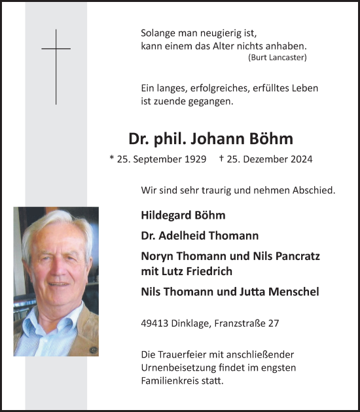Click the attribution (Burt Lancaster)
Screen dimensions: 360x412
click(x=278, y=58)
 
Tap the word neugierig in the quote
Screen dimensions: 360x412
click(x=219, y=33)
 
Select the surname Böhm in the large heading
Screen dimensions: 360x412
click(x=272, y=139)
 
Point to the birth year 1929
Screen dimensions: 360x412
click(x=194, y=159)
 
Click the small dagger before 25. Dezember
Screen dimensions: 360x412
click(x=222, y=159)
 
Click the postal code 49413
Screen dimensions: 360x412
click(x=155, y=323)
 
